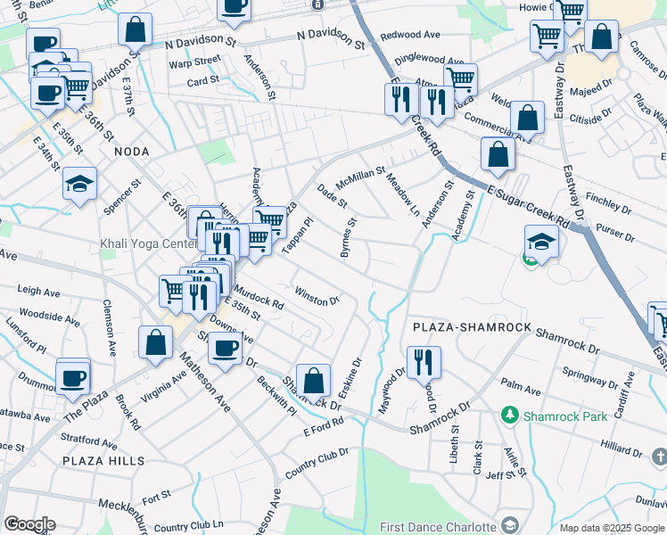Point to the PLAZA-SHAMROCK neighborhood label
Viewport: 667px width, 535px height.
coord(473,328)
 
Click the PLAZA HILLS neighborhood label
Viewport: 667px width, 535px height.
coord(103,461)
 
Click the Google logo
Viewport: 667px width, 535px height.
coord(29,524)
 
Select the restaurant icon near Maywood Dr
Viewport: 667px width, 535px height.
coord(423,362)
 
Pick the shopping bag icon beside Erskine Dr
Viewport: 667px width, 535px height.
coord(314,381)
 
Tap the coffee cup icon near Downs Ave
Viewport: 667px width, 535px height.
coord(226,348)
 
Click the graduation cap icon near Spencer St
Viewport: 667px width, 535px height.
coord(79,185)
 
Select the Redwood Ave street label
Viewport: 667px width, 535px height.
coord(410,35)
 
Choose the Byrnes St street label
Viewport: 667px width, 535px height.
coord(349,237)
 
